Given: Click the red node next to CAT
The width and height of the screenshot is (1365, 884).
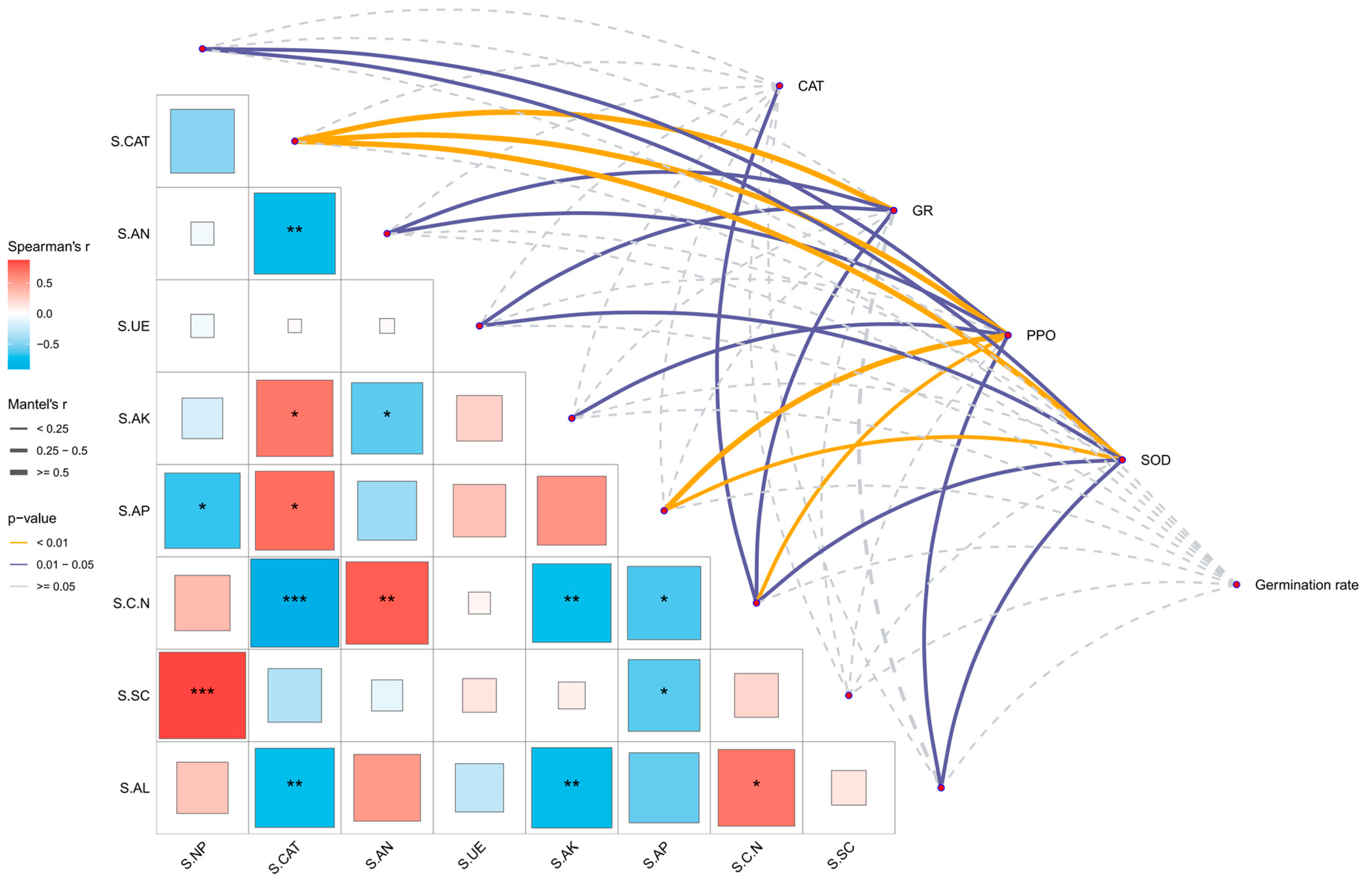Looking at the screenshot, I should pos(779,86).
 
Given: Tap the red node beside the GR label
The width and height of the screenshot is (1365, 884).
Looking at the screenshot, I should pos(894,211).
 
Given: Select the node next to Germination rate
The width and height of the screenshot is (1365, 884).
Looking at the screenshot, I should pos(1236,585).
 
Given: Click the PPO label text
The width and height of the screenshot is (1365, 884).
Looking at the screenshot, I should pos(1040,336).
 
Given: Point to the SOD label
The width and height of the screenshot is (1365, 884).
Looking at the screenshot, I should pos(1155,460).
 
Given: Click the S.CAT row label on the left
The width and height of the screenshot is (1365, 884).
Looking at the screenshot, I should pos(130,142).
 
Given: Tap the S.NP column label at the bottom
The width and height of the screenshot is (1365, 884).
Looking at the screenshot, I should pos(194,856).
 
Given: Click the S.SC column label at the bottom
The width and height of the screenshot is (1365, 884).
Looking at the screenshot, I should pos(841,856).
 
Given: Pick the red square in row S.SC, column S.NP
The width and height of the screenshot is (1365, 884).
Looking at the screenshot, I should pos(202,695).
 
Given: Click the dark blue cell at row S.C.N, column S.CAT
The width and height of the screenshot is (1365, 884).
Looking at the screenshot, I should pos(295,603).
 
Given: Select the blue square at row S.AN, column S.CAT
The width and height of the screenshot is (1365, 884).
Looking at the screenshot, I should pos(295,233).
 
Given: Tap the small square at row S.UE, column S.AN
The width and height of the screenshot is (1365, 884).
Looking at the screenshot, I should pos(387,326).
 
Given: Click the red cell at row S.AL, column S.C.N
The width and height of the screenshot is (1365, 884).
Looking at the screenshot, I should pos(757,788).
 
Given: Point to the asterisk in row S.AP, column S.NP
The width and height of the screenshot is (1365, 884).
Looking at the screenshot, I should pos(202,508).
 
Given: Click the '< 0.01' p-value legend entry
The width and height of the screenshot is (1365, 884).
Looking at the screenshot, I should pos(52,543).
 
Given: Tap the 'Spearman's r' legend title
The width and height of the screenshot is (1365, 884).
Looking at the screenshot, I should pos(49,247).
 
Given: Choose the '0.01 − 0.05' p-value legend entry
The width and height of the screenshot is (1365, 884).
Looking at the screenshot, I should pos(65,564).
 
